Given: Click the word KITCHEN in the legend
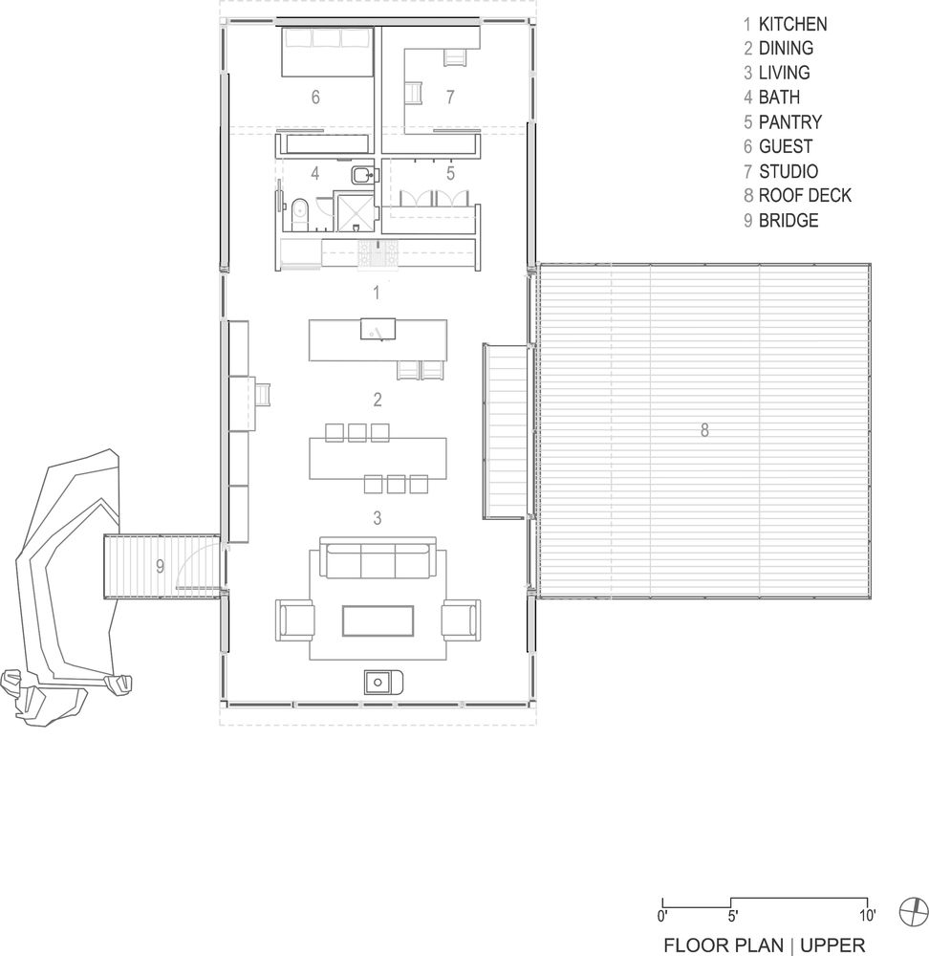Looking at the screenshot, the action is [792, 25].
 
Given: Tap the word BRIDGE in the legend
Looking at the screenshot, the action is [789, 220].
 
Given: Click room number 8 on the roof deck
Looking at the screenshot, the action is [704, 430].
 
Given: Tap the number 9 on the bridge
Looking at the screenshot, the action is [160, 566].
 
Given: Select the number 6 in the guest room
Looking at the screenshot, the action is [315, 97].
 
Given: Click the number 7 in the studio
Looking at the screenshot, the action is [450, 97].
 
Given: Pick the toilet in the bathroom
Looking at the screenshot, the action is [299, 215].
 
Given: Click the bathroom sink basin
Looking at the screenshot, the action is [363, 176].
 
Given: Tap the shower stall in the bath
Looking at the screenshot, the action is [355, 212].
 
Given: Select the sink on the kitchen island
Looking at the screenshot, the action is [378, 329].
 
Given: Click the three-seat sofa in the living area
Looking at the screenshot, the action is [378, 558].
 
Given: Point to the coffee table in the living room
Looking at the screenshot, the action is [378, 620].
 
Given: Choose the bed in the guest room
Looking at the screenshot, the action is [327, 52].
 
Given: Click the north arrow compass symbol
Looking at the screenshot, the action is [914, 913].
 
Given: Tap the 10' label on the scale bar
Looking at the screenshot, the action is [868, 915].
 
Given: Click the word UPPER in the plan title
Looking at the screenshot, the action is [832, 945].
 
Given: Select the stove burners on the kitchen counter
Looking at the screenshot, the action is [378, 252].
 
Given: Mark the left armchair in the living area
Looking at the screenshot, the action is [295, 619].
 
